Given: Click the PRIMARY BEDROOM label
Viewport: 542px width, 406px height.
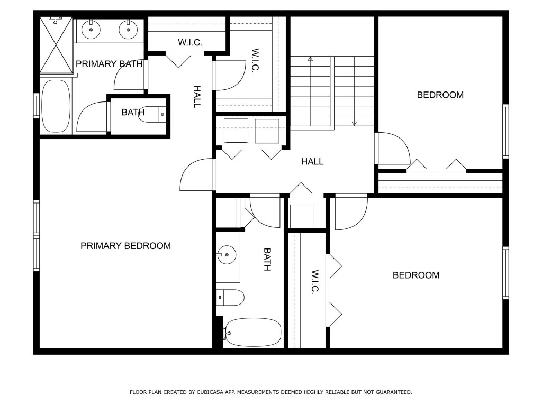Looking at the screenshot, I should point(125,246).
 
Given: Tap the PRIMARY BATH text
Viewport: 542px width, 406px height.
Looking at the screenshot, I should point(109,64).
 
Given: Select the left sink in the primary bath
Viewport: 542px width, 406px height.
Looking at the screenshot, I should point(92,29).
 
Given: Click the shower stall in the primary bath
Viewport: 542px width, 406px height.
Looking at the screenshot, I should point(56,45).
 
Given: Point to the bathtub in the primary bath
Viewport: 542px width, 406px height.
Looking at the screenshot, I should point(56,106).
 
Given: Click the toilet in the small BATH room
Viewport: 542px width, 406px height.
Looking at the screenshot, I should point(153,114).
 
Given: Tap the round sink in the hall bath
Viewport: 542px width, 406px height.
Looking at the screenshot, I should point(227,255).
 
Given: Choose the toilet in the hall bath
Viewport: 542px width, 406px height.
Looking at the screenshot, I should point(231,298).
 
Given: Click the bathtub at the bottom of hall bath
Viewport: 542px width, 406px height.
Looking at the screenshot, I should point(252,332).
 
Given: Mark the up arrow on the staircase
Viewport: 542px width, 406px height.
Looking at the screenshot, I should point(310,59).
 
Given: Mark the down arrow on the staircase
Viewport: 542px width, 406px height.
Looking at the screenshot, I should point(354,123).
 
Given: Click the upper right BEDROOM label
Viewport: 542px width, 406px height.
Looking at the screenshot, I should point(440,95).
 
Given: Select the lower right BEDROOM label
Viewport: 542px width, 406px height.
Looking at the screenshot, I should point(415,275).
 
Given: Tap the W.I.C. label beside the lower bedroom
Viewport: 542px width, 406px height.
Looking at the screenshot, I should point(314,282).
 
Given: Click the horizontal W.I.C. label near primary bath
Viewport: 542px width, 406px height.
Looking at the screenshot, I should point(189,42).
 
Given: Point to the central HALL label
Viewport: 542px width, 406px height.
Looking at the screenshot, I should point(312,162).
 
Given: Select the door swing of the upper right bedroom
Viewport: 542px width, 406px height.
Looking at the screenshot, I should point(393,148).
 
